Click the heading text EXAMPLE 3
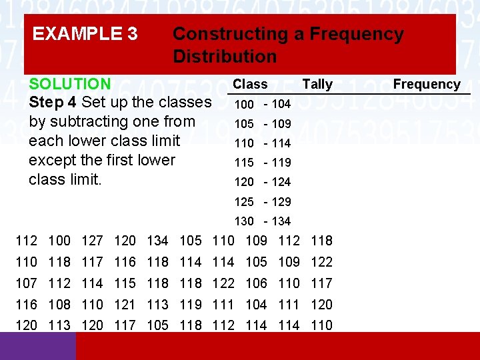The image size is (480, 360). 85,33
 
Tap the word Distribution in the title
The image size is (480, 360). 225,56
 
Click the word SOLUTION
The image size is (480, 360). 70,84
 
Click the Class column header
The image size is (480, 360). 250,84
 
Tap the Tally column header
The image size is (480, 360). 317,84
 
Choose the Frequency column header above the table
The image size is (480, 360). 427,84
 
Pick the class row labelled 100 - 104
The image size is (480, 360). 262,104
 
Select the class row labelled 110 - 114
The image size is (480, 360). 262,143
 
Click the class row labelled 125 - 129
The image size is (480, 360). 262,201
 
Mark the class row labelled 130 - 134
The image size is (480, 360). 262,221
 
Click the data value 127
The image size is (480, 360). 92,241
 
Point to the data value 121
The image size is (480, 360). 125,305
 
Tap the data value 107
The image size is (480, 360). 27,283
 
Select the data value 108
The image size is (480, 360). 59,305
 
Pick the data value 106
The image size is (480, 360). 256,283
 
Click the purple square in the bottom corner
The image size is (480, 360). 38,346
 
